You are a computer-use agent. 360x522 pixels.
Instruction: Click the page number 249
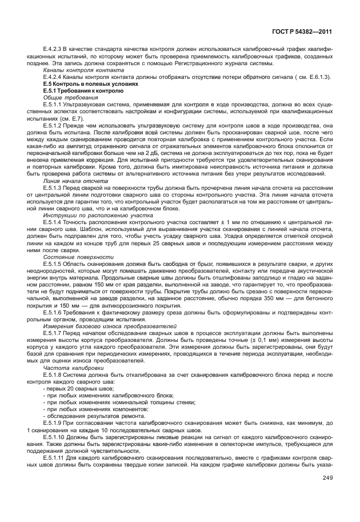(327, 478)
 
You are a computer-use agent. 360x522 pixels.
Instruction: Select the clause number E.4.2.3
(54, 50)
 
